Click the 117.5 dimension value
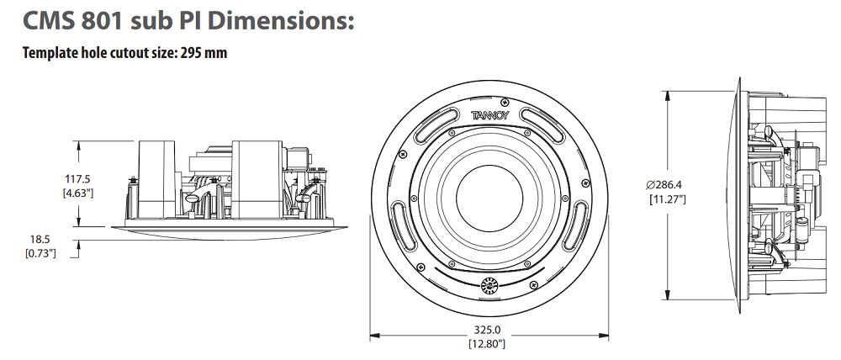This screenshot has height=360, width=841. coord(78,178)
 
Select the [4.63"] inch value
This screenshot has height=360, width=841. coord(78,193)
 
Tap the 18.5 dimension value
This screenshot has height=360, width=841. coord(41,239)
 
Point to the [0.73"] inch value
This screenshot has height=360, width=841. coord(41,253)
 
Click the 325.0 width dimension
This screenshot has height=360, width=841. coord(488,330)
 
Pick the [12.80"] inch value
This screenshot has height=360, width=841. coord(488,343)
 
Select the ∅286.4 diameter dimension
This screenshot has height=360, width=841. coord(668,184)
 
